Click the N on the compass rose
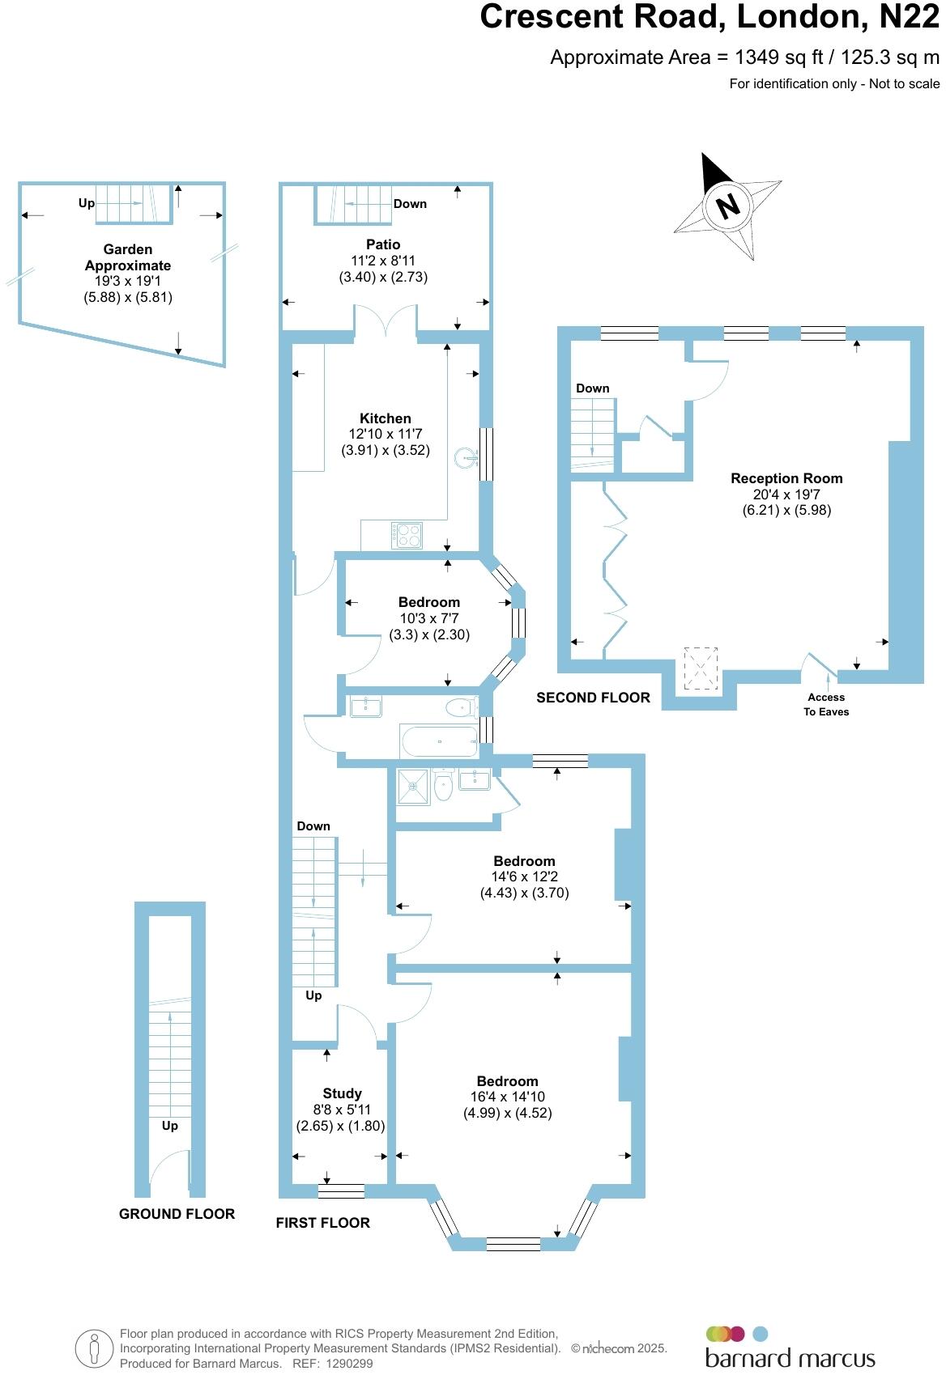coord(728,206)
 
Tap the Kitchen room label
coord(386,418)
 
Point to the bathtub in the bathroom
coord(438,741)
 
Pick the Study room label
coord(342,1093)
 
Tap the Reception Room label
coord(786,478)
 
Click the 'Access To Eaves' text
coord(826,704)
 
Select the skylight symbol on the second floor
coord(701,668)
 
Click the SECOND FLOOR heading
coord(593,698)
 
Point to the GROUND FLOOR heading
coord(177,1214)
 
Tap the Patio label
coord(383,244)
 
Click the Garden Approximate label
coord(128,257)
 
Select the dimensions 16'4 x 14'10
coord(508,1097)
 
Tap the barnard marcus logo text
coord(790,1357)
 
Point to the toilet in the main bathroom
coord(462,708)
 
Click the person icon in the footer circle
coord(95,1347)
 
